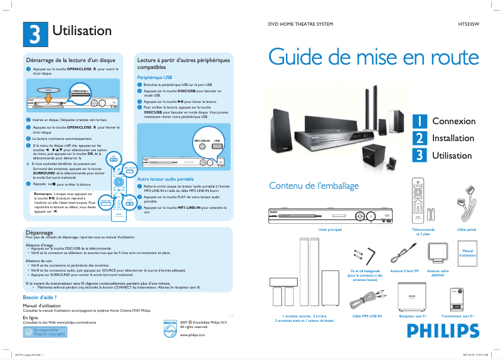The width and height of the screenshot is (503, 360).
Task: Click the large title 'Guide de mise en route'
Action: click(x=374, y=57)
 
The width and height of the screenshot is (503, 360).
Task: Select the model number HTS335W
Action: click(x=469, y=24)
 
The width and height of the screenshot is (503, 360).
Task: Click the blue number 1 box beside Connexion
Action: click(x=419, y=120)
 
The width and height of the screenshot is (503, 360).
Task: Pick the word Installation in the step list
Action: click(x=453, y=137)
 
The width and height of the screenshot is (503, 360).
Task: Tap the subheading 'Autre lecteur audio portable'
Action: click(x=166, y=179)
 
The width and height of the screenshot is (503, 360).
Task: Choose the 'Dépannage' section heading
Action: click(x=38, y=232)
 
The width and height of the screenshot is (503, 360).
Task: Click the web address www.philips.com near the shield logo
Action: click(x=193, y=336)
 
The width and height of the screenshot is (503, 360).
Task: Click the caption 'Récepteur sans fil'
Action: click(x=412, y=316)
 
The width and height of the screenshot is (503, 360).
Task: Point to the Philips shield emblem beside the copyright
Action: click(x=170, y=329)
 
